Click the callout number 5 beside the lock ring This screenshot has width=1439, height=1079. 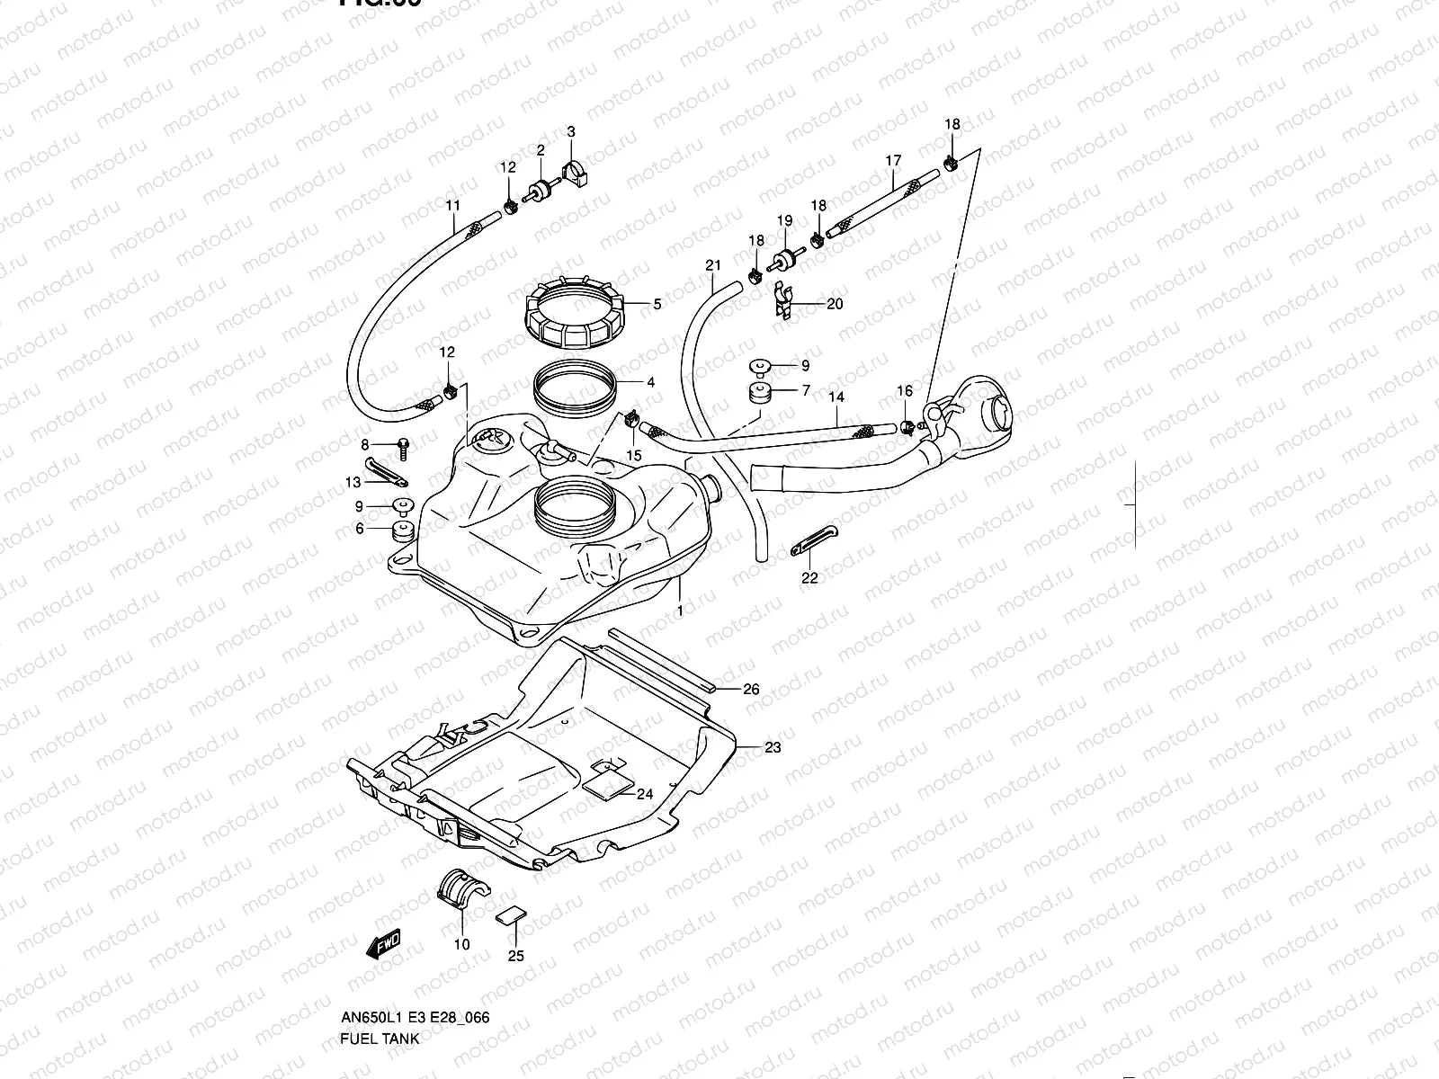point(657,305)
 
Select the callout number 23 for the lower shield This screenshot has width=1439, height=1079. point(773,747)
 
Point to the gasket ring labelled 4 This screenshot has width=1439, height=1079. point(576,384)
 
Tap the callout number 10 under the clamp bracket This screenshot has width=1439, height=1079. point(461,944)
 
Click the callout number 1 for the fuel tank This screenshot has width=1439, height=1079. point(680,611)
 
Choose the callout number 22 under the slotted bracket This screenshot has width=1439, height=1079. point(809,578)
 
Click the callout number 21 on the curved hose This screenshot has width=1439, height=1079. point(713,265)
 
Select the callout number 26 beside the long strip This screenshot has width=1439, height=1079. point(751,690)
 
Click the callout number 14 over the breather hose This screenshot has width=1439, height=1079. point(836,397)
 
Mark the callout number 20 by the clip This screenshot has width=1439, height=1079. point(835,304)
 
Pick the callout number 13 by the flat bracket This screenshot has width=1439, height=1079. point(353,483)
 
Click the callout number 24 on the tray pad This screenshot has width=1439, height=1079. point(644,794)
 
